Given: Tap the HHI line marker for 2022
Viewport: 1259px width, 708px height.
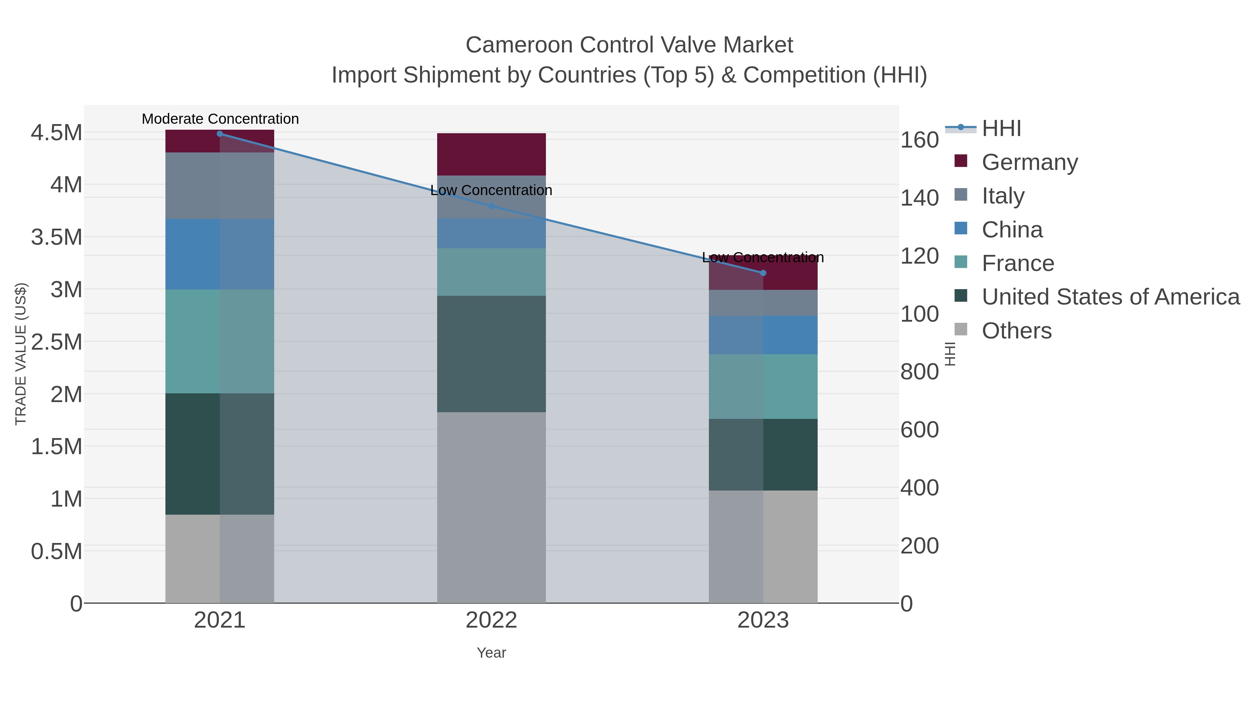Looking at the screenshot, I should [x=492, y=206].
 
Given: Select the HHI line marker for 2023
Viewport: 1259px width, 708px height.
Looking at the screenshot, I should [x=763, y=273].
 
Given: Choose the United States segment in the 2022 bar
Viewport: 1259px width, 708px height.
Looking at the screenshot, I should [x=491, y=354].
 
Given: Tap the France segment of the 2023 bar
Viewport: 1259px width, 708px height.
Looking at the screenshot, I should [x=763, y=386].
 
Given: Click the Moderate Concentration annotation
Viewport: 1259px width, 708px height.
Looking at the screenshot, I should [x=220, y=119].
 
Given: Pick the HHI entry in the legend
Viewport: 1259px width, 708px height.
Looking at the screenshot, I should [x=1001, y=129].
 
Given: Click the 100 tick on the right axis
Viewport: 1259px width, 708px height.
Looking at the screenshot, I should [x=919, y=314].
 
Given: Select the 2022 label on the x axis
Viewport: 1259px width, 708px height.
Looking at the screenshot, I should [x=491, y=621].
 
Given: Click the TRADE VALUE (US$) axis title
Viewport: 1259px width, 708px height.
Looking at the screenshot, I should [x=21, y=354].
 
